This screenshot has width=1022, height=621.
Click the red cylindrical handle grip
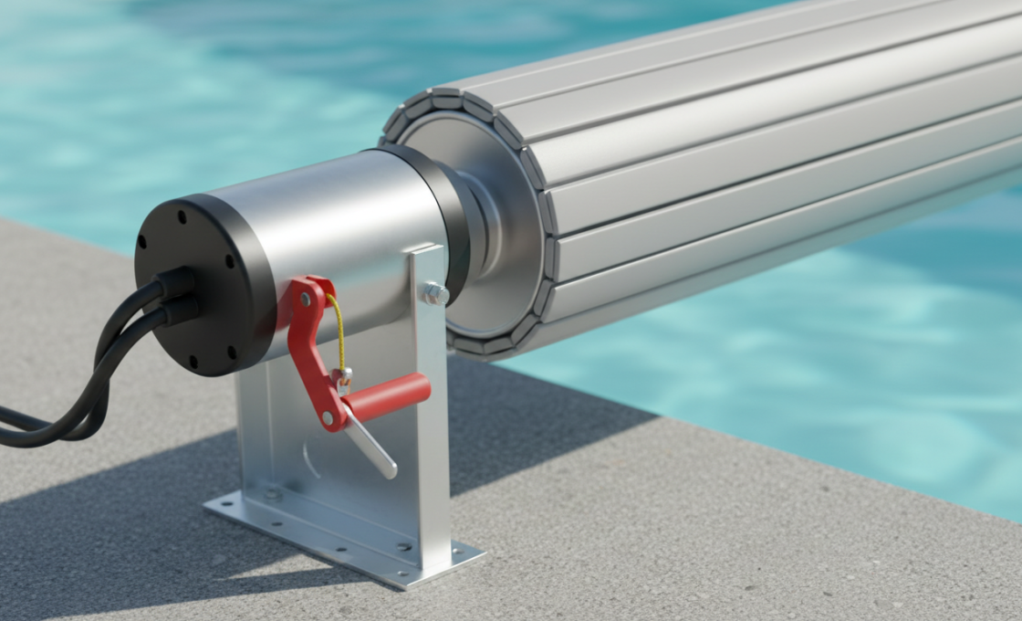point(388,395)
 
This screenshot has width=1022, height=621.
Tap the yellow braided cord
point(339,329)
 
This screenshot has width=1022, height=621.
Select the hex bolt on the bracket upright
point(433,294)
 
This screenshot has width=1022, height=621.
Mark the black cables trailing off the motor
point(73,393)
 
